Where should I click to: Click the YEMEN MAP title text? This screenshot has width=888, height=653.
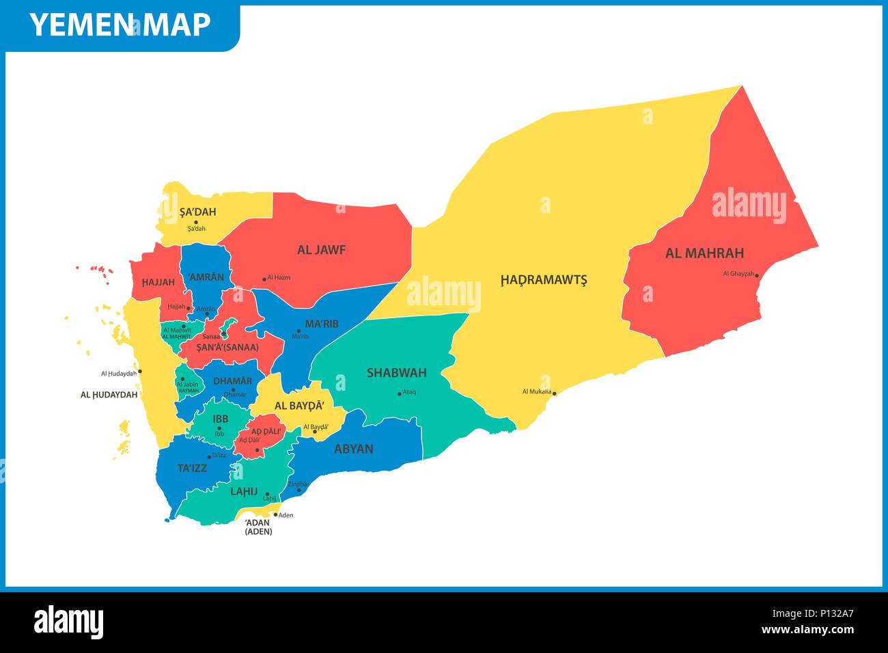coord(120,25)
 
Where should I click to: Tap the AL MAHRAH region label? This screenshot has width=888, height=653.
coord(704,253)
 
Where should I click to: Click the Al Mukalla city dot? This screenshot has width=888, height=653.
coord(555,393)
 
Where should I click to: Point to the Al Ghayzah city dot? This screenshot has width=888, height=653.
coord(757,276)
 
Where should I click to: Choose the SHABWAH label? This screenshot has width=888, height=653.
coord(396,373)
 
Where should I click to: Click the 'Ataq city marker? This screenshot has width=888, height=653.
coord(400,393)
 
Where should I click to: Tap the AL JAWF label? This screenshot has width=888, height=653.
coord(321,250)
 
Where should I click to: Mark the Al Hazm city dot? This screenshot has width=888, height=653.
coord(264,279)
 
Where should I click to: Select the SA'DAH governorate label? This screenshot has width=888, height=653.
coord(197,212)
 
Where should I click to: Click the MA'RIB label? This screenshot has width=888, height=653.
coord(321,324)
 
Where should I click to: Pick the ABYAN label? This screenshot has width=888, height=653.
coord(353,449)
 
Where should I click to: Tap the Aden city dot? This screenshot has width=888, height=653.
coord(276,514)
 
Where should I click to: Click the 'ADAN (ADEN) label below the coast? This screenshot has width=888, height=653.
coord(258,527)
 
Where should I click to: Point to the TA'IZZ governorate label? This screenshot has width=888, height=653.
coord(192,468)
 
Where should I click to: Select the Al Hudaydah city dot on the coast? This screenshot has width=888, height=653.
coord(140,372)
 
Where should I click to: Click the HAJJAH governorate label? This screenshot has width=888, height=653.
coord(158,282)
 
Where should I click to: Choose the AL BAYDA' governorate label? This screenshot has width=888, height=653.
coord(299,406)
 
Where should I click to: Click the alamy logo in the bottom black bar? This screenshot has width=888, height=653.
coord(68,622)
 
